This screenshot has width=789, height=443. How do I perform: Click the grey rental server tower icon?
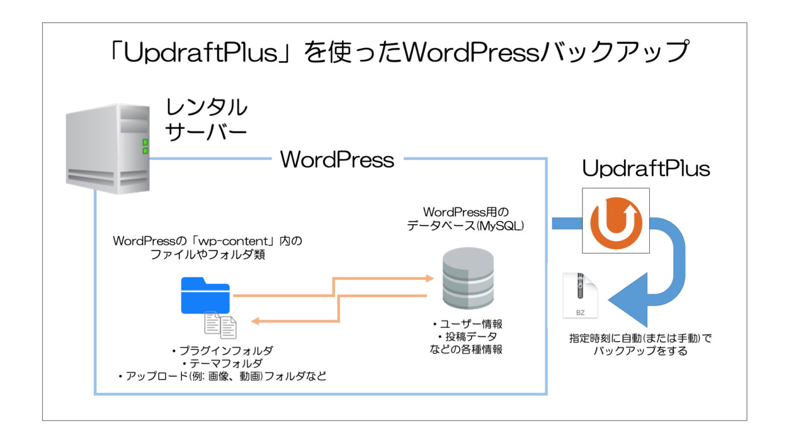(x=108, y=148)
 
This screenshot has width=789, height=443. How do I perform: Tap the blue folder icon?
(x=205, y=296)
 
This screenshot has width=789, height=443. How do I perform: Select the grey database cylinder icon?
(x=468, y=278)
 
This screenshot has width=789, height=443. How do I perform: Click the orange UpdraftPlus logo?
(x=615, y=221)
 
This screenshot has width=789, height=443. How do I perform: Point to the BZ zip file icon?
(x=580, y=296)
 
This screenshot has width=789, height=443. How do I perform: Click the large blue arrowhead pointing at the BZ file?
(x=629, y=300)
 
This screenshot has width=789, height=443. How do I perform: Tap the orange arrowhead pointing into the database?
(x=428, y=278)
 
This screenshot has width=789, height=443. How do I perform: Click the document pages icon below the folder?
(x=220, y=325)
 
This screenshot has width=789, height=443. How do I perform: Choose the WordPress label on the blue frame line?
(x=337, y=160)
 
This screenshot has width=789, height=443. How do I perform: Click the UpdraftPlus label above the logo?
(x=646, y=168)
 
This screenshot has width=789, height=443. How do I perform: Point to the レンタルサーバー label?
(x=206, y=120)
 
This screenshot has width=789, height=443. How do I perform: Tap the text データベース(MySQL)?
(x=465, y=226)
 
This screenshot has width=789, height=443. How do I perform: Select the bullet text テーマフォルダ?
(x=226, y=363)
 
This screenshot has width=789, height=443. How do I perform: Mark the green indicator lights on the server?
(x=145, y=146)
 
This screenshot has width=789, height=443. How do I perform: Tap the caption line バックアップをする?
(x=640, y=351)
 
